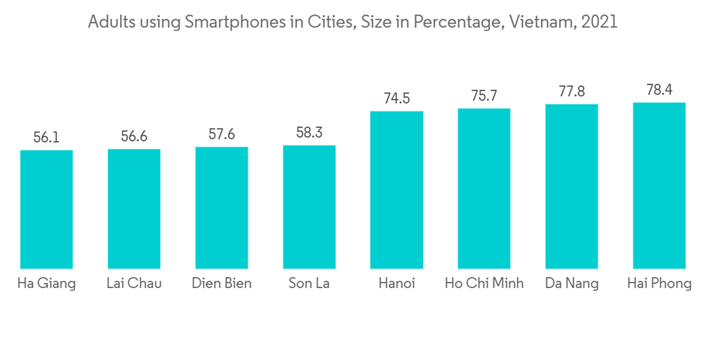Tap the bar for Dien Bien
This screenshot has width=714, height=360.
[221, 208]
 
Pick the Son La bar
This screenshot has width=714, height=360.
[309, 207]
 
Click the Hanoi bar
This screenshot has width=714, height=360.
[396, 190]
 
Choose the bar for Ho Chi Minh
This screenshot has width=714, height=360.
[484, 189]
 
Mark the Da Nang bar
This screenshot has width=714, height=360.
[571, 186]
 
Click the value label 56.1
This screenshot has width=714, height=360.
[46, 137]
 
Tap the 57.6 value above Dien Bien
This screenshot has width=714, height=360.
[221, 135]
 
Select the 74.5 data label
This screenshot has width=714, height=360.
[396, 99]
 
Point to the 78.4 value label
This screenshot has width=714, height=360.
[659, 90]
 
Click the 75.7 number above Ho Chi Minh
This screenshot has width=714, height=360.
[484, 96]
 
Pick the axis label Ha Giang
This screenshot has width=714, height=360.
[46, 284]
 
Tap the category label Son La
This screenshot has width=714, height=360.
[309, 284]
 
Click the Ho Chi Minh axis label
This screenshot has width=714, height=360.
[484, 284]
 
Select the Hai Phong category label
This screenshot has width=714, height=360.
[659, 284]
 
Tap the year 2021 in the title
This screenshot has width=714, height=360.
[600, 23]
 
